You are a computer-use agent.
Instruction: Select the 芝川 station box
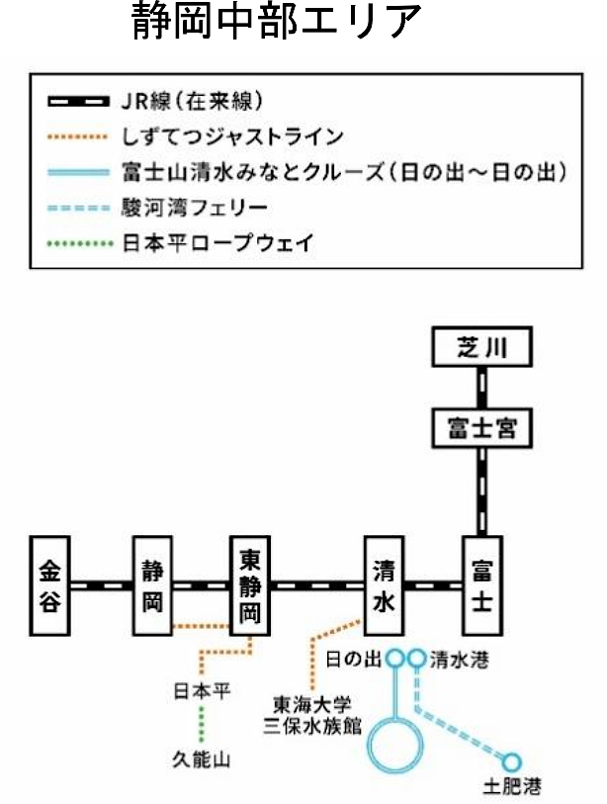tap(481, 348)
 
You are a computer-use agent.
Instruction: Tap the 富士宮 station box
tap(481, 430)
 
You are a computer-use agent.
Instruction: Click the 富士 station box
tap(481, 585)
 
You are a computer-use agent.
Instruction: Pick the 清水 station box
tap(385, 585)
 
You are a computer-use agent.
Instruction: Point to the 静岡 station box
tap(152, 585)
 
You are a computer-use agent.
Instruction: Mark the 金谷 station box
tap(50, 585)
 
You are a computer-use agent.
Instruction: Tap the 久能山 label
tap(202, 759)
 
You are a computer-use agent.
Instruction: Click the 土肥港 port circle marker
tap(511, 762)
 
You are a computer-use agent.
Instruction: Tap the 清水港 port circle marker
tap(416, 657)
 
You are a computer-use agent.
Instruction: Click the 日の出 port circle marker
tap(394, 657)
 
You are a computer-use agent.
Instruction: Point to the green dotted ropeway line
tap(202, 725)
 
